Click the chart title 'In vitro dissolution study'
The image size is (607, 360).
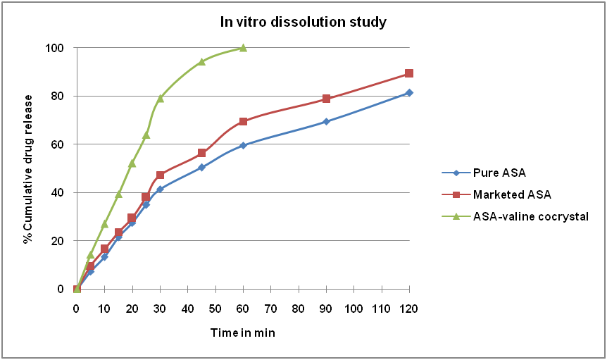(302, 23)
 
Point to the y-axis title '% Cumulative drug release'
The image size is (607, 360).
(28, 168)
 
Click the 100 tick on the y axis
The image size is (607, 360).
(56, 48)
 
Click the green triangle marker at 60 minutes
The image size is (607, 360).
(243, 48)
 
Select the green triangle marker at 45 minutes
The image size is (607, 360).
(201, 62)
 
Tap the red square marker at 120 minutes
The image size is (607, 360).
(409, 73)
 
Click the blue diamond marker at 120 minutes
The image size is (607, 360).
(409, 92)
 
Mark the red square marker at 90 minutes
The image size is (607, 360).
(326, 99)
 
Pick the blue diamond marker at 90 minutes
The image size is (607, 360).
(326, 121)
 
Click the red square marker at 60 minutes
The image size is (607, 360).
(243, 121)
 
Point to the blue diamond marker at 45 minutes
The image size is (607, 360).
(201, 167)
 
